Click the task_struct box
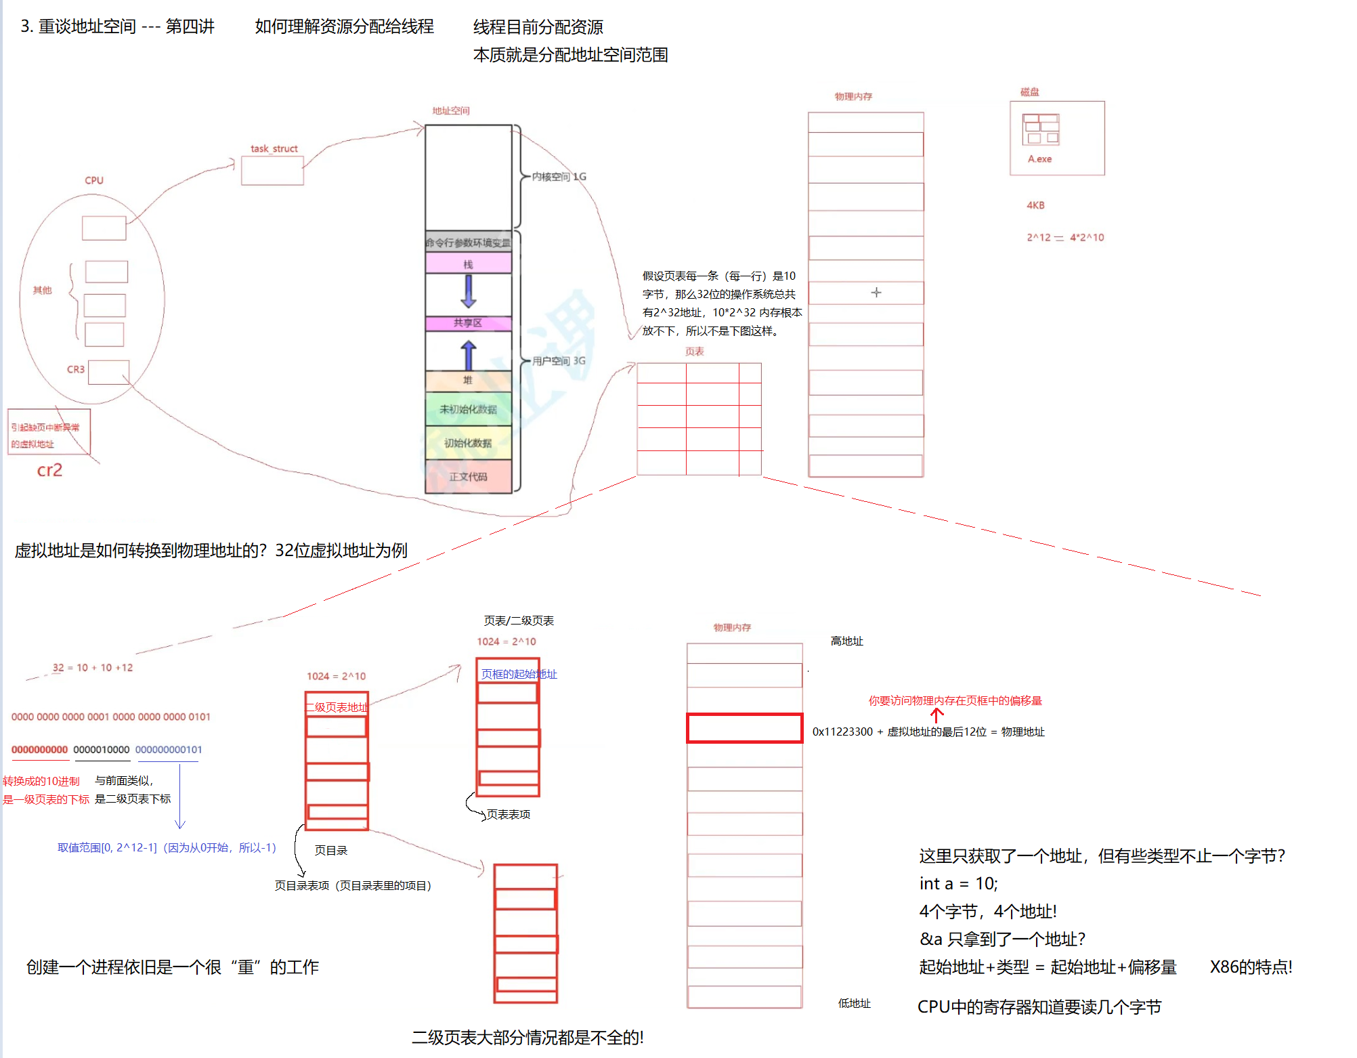272,171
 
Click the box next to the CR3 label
108,372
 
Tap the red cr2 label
49,470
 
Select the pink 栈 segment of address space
468,263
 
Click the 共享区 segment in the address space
468,323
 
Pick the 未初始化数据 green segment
468,409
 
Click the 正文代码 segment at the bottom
468,477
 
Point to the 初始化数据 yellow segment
468,443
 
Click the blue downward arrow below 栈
468,291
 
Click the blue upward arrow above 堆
468,354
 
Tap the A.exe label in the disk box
1039,159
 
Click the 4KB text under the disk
1035,205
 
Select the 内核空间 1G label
559,177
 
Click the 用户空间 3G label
559,361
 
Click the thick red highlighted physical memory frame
744,728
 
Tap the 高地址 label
846,641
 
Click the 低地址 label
854,1003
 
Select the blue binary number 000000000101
169,750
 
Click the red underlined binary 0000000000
39,750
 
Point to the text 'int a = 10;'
958,884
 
